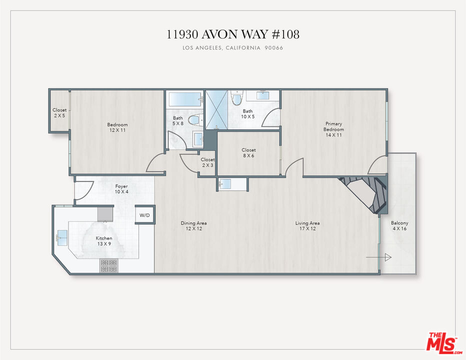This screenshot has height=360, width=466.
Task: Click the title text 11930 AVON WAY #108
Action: click(232, 34)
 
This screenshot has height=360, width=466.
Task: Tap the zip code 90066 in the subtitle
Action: click(274, 48)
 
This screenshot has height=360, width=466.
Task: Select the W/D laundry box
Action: click(144, 215)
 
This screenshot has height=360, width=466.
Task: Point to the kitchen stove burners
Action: click(108, 265)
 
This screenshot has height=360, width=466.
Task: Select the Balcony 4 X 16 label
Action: click(399, 226)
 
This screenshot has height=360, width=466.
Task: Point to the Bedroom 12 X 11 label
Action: click(117, 127)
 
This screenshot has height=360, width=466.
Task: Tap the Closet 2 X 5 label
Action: click(59, 112)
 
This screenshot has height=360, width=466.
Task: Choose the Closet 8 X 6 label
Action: click(248, 152)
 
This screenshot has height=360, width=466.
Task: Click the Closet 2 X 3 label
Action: click(207, 162)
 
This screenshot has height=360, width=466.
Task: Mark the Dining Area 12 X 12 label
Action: click(194, 226)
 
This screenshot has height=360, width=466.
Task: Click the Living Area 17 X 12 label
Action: click(307, 226)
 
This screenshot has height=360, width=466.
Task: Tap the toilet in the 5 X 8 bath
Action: click(195, 119)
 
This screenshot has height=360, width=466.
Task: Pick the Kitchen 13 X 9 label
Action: click(104, 241)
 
